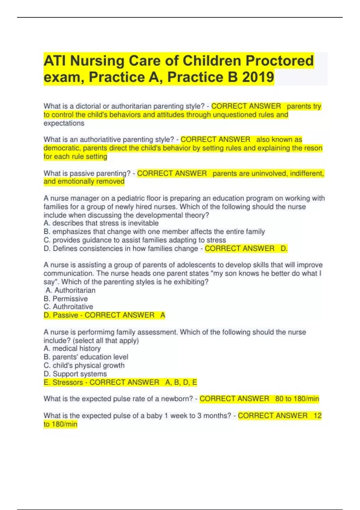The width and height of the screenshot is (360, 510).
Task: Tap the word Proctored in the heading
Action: click(280, 61)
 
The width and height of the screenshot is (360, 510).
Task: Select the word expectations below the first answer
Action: click(64, 123)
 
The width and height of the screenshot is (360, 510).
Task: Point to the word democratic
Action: click(61, 148)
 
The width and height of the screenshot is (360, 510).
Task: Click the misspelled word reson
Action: click(313, 148)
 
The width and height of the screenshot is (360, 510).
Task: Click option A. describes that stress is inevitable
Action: click(101, 223)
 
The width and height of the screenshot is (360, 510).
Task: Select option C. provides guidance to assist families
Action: click(135, 240)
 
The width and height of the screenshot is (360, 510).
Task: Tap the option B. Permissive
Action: click(66, 299)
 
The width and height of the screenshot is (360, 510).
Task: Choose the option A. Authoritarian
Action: click(70, 290)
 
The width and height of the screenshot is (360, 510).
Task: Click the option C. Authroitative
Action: click(68, 307)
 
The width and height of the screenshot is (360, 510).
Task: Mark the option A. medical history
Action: click(72, 349)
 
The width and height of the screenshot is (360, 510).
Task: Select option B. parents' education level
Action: click(86, 357)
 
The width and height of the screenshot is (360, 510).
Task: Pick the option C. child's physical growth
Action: click(84, 365)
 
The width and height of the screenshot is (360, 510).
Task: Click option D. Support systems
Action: click(75, 374)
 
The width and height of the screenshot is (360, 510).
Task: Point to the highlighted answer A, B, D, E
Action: click(181, 382)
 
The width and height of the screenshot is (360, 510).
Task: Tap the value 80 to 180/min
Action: click(297, 399)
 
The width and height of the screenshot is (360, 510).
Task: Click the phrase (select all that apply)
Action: click(106, 341)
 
